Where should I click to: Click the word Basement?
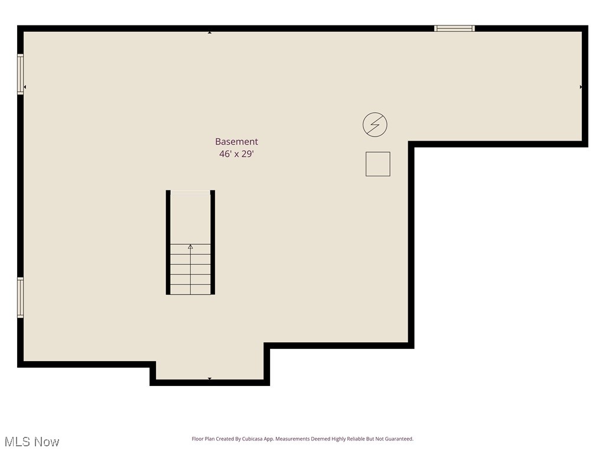click(x=236, y=142)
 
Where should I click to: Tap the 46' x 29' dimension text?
click(x=236, y=154)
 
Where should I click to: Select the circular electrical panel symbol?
click(x=375, y=125)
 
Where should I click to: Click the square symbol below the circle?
click(x=378, y=164)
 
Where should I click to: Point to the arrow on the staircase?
click(x=190, y=247)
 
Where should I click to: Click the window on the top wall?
click(x=454, y=28)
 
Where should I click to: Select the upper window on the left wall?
click(x=21, y=74)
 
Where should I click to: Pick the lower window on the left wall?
click(x=21, y=298)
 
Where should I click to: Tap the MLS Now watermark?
click(x=32, y=442)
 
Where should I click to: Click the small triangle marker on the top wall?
click(x=210, y=33)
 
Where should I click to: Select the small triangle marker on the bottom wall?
click(x=210, y=378)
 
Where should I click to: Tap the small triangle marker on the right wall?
click(x=581, y=87)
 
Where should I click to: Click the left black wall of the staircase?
click(x=168, y=242)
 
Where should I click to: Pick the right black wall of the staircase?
click(x=213, y=242)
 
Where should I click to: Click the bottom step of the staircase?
click(x=190, y=289)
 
